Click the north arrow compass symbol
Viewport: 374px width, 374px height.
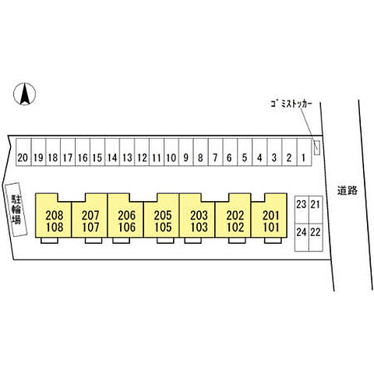point(25,94)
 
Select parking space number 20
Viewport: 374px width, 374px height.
point(23,152)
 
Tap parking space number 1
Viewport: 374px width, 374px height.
point(304,152)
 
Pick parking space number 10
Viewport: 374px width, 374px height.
point(171,152)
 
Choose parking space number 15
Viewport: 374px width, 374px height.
point(97,152)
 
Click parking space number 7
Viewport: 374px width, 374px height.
point(215,152)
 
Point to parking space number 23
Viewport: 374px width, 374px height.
point(302,210)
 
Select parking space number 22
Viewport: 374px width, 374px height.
point(316,238)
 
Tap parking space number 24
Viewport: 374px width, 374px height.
point(302,238)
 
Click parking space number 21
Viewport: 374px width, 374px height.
point(316,210)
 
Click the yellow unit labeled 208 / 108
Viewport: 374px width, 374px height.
point(54,218)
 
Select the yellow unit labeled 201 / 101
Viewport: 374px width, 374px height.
point(269,218)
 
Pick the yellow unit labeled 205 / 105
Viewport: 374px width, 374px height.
point(161,218)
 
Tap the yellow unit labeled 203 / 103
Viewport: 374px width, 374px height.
point(197,218)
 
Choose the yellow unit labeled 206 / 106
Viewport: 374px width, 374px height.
point(125,218)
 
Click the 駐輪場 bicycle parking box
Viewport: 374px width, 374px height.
point(16,210)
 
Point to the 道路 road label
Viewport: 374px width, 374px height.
point(348,191)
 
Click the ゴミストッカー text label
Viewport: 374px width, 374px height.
point(291,104)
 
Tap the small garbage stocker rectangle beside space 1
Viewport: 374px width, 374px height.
point(316,147)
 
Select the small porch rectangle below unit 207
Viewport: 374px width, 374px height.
point(93,241)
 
